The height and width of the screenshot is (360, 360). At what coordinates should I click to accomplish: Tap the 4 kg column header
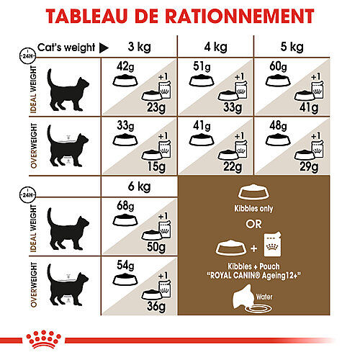[214, 48]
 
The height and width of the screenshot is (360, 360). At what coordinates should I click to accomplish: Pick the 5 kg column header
[289, 48]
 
